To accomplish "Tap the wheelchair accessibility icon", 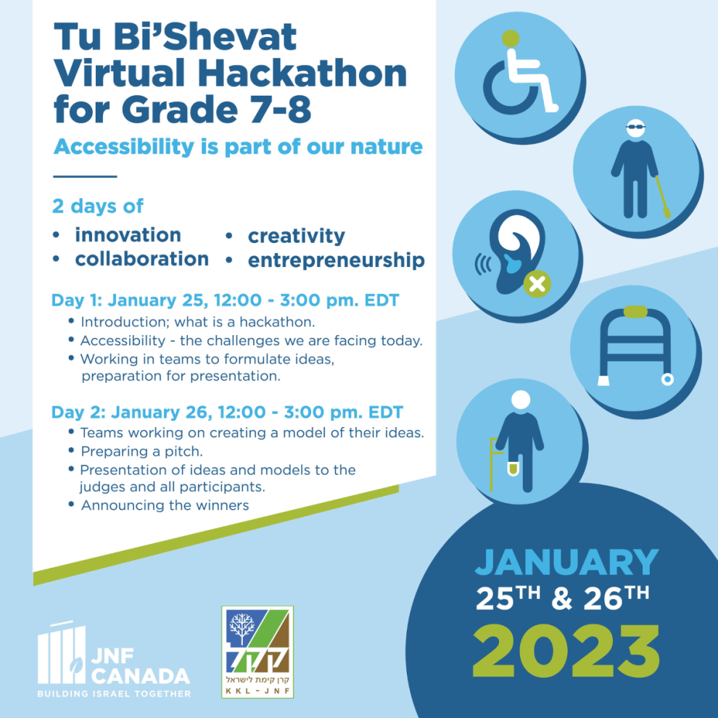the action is (519, 75).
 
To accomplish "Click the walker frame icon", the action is (635, 347).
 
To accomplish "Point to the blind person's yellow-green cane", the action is (663, 197).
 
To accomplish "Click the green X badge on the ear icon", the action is (537, 284).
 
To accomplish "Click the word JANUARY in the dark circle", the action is (567, 562).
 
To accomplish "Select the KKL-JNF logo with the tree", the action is (257, 652).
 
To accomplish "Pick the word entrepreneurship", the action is (336, 260).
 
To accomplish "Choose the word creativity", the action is (297, 236).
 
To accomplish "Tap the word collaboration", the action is (142, 259).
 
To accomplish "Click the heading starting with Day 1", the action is (226, 300).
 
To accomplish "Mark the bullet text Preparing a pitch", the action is (141, 452).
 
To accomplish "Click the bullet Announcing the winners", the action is (165, 506).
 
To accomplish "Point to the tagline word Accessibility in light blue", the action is (124, 147).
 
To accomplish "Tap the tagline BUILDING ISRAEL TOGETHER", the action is (114, 694).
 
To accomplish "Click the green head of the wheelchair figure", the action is (511, 38).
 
